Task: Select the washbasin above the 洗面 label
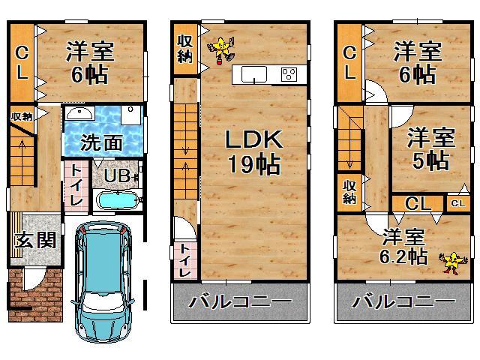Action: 78,113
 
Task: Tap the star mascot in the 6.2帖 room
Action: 451,262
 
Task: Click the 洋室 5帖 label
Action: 430,148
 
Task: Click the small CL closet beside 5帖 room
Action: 456,202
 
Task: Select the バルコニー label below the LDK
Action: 240,303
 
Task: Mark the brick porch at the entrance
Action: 34,296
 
